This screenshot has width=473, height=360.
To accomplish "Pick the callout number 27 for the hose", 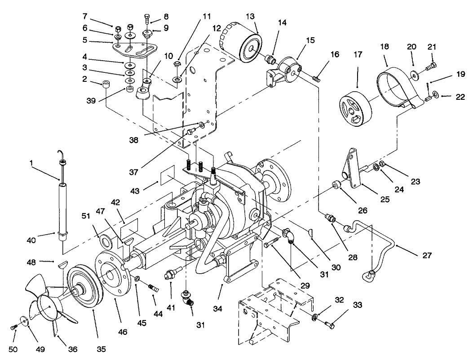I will coord(427,255).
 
